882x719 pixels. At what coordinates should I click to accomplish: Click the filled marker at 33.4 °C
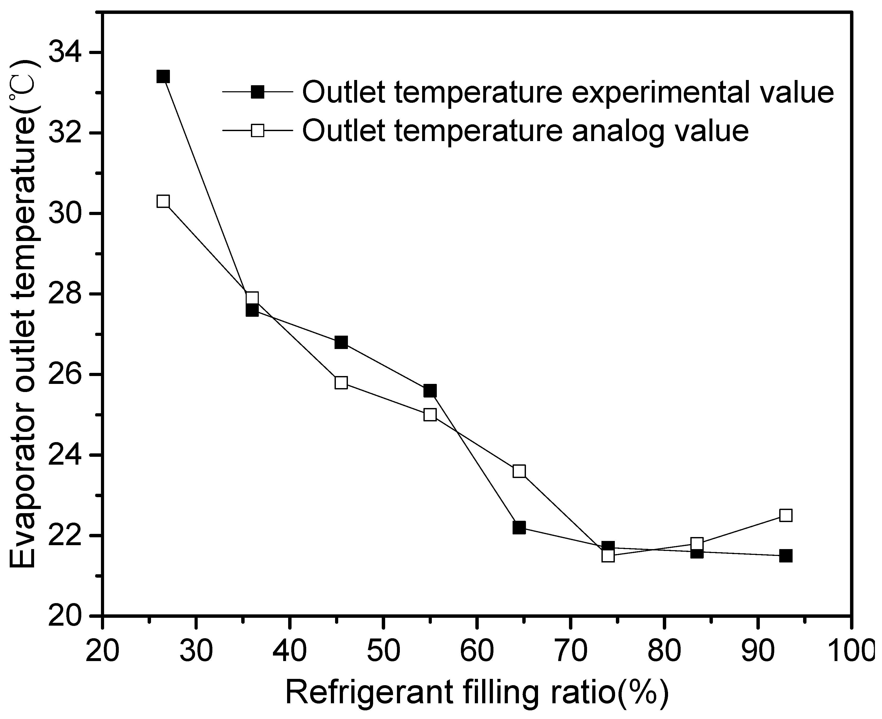pos(163,77)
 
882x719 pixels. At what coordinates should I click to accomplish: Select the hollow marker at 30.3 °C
pos(163,201)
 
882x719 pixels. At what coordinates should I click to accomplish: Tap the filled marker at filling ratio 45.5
pos(341,342)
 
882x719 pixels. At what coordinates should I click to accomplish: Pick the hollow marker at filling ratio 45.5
pos(341,382)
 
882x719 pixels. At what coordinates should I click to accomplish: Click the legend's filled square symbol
pos(257,92)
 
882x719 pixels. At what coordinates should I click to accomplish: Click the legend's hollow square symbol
pos(257,131)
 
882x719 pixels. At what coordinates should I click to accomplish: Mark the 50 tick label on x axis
pos(383,653)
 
